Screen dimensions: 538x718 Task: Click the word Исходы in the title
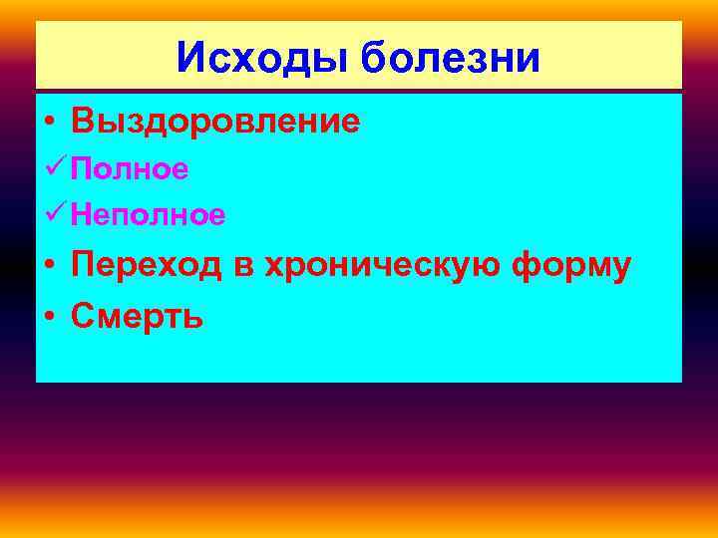[262, 57]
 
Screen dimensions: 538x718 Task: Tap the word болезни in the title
[450, 57]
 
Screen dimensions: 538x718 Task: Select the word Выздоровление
[215, 122]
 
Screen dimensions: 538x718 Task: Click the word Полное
[130, 169]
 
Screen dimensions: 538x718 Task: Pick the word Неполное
[148, 213]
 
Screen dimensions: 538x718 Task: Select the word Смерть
[138, 316]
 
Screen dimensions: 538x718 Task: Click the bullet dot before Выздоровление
[49, 123]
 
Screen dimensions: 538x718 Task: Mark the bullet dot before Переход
[49, 267]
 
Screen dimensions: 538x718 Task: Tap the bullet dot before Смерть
[49, 317]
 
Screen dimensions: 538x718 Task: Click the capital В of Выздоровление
[83, 122]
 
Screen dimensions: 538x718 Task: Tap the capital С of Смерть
[83, 316]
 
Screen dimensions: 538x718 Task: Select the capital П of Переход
[83, 266]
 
